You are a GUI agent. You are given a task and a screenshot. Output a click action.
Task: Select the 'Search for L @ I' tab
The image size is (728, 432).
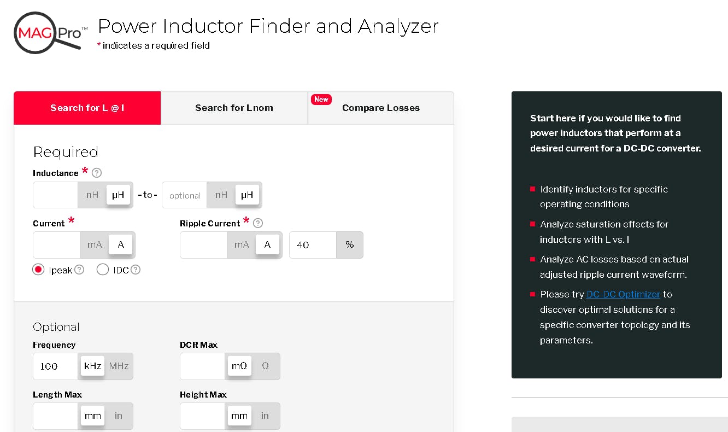87,108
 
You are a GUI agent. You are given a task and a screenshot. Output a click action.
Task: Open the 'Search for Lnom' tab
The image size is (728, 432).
234,108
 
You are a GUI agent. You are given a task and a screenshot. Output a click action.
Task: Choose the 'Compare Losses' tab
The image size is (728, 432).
380,108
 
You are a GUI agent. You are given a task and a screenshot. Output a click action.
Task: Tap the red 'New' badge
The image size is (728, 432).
321,100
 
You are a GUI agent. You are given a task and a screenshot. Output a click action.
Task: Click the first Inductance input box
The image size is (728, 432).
56,195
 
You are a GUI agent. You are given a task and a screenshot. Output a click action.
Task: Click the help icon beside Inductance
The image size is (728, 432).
97,173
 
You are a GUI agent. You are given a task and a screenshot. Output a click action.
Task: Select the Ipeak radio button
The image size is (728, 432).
38,270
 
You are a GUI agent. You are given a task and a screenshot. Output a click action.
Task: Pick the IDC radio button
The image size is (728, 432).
102,270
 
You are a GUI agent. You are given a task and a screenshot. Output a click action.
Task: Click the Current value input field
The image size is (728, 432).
57,245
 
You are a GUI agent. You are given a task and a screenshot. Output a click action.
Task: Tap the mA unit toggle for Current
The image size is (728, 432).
95,245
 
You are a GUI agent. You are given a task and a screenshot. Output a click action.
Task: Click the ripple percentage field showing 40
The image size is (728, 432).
312,245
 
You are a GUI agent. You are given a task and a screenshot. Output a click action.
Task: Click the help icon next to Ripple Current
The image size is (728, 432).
258,223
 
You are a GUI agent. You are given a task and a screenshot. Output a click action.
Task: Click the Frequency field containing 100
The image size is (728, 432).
56,366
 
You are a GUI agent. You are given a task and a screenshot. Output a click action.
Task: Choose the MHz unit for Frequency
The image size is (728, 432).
119,366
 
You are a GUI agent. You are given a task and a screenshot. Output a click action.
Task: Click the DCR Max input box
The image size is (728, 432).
203,366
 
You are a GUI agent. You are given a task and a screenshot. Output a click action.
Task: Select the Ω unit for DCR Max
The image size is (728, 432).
266,366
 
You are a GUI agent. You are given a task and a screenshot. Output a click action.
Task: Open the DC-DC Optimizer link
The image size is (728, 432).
623,294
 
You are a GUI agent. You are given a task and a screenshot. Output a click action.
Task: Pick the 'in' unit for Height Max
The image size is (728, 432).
265,416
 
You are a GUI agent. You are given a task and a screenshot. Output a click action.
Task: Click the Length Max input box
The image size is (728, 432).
56,416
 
